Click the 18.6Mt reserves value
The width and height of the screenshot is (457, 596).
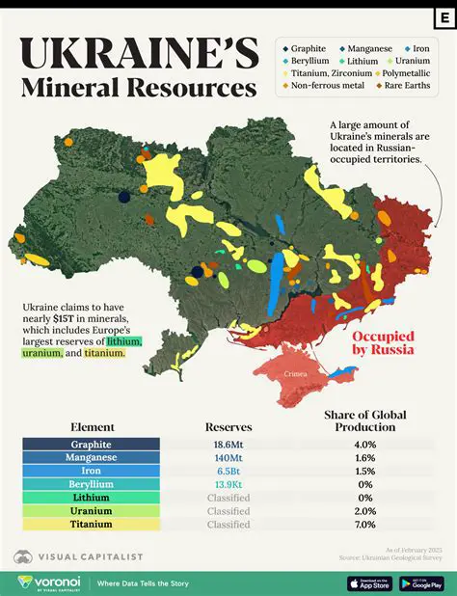point(228,444)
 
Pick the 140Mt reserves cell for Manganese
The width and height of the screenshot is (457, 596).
point(228,457)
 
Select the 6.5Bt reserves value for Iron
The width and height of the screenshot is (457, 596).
point(228,471)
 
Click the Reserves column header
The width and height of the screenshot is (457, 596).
point(228,426)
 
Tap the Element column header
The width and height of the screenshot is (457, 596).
point(93,426)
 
